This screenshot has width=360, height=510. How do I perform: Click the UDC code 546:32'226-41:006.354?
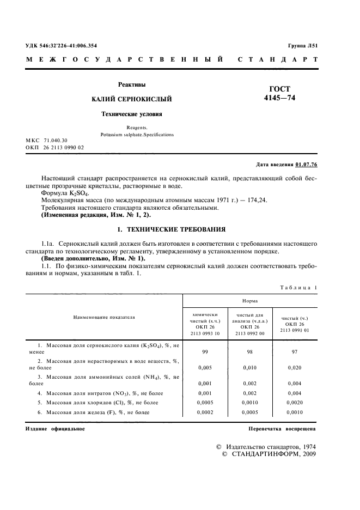(65, 46)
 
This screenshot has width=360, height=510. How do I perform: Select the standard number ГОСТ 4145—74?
(280, 94)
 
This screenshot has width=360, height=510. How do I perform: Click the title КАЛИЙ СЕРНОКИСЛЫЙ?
(132, 99)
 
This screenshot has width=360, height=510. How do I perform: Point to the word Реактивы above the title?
(132, 84)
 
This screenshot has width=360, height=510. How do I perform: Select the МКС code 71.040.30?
(56, 141)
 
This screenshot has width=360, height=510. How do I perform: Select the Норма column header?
(249, 300)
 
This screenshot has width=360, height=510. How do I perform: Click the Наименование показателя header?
(105, 317)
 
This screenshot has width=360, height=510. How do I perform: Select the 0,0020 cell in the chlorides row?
(295, 402)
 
